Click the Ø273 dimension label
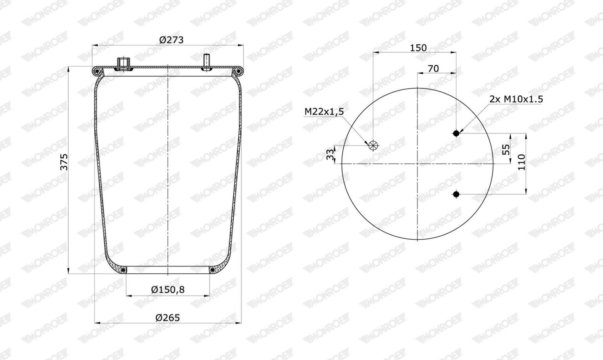[171, 40]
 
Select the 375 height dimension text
[64, 162]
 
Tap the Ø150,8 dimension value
[168, 290]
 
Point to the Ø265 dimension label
[167, 318]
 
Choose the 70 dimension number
[433, 69]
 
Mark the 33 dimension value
[330, 155]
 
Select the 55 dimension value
[506, 149]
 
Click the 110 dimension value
[522, 162]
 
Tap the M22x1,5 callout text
[324, 112]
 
